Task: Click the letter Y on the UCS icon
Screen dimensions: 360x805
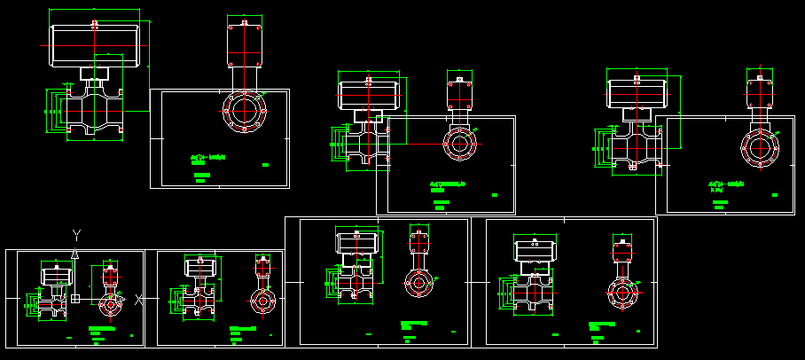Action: pos(77,234)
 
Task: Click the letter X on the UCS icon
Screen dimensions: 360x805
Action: pos(139,299)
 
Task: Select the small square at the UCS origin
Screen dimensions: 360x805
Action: pos(75,299)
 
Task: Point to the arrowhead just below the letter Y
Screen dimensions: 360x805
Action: pos(75,254)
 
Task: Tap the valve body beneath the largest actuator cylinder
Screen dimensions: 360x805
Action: pos(92,111)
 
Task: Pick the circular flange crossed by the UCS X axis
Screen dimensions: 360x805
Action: pos(110,304)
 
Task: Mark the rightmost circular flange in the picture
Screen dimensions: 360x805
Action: pos(759,146)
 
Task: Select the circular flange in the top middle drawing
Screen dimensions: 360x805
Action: pos(459,145)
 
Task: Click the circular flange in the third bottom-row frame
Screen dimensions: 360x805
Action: pos(419,283)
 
